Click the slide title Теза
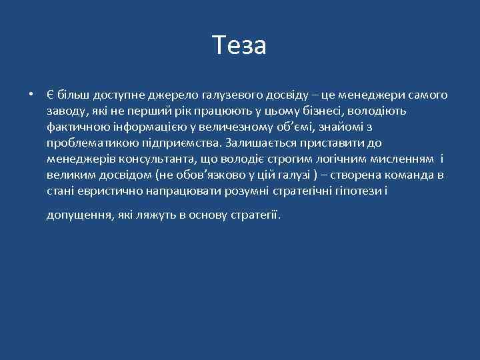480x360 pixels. tap(240, 45)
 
